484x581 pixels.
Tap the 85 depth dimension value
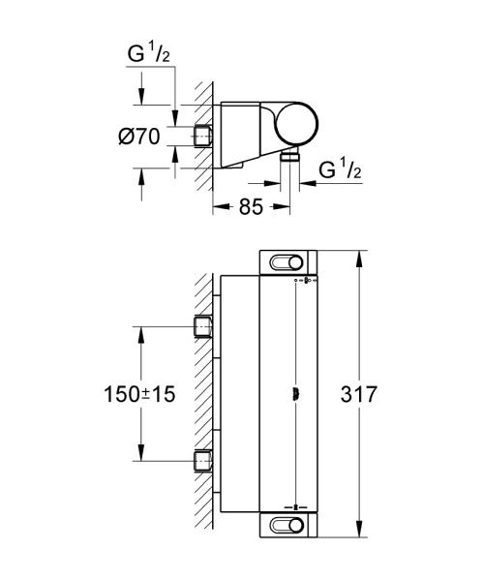(x=251, y=205)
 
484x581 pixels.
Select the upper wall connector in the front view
(x=203, y=327)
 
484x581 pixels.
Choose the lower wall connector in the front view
(x=203, y=460)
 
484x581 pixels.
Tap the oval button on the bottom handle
(x=287, y=526)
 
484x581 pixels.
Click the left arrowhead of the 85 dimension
(x=217, y=205)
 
